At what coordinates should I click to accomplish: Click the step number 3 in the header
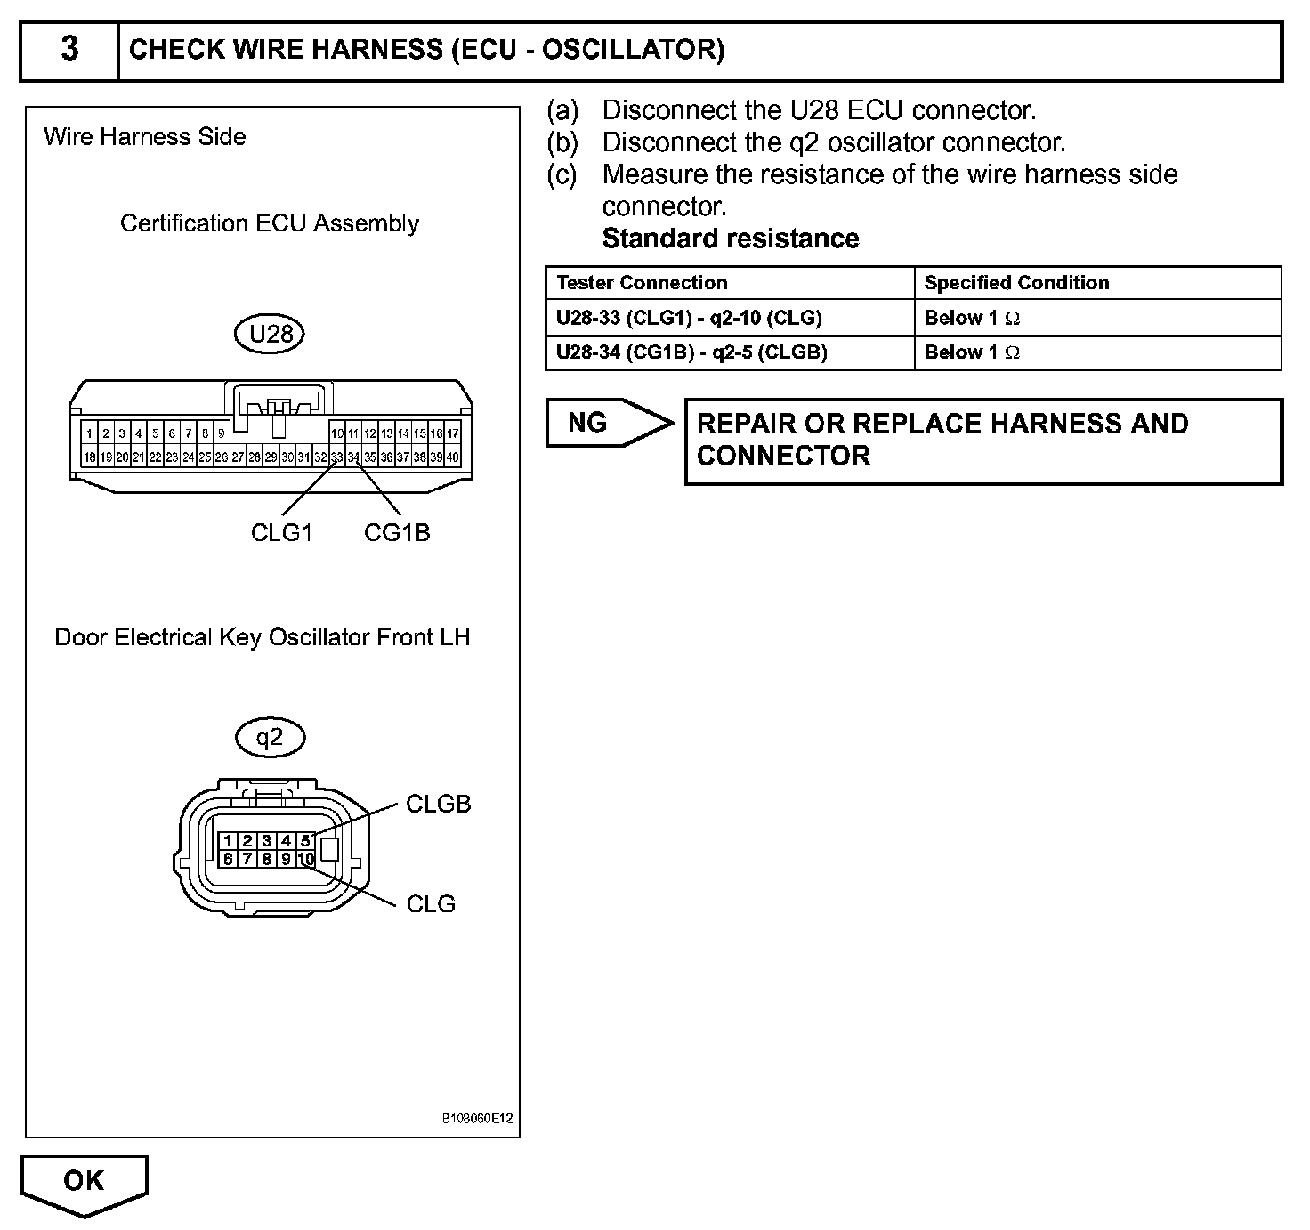coord(69,50)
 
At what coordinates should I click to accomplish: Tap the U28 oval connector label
coord(271,334)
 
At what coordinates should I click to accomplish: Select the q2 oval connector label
coord(270,737)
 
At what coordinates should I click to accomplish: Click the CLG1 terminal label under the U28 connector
coord(281,532)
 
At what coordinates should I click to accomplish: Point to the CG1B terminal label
coord(397,532)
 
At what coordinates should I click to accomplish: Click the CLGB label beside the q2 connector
coord(438,804)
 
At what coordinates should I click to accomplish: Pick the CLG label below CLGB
coord(431,903)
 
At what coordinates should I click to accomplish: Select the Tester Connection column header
coord(642,283)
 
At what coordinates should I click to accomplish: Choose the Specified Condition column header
coord(1016,283)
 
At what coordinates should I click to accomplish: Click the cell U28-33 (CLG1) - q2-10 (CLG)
coord(689,318)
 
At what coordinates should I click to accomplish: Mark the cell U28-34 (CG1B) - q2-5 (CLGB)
coord(691,352)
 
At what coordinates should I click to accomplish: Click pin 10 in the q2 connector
coord(305,859)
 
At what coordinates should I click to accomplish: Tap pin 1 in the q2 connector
coord(228,841)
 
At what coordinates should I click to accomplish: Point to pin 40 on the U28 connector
coord(453,457)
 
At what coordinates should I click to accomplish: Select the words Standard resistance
coord(731,239)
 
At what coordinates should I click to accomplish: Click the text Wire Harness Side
coord(145,137)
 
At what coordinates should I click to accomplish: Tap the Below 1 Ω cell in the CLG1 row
coord(972,318)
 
